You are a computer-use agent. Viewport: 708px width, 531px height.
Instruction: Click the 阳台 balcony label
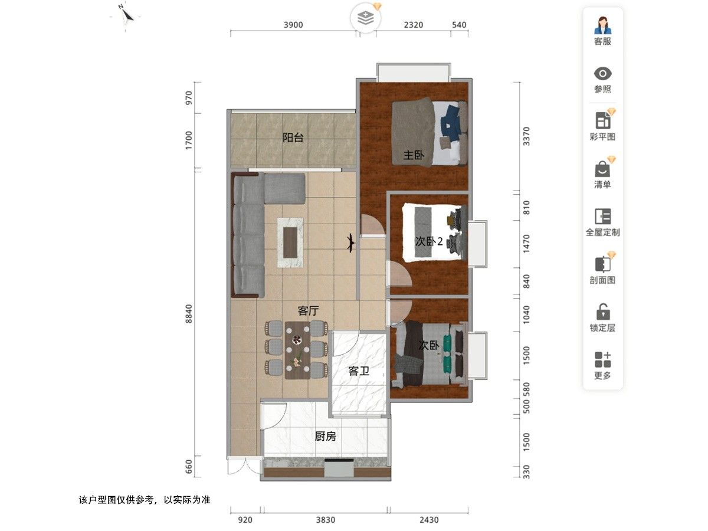(293, 138)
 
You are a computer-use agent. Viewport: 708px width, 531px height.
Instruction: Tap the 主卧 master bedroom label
(414, 155)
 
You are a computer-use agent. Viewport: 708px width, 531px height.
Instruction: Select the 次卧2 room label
(429, 241)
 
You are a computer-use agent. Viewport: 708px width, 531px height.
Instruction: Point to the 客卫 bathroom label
(359, 371)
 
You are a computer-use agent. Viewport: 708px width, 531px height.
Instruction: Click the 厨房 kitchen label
(325, 437)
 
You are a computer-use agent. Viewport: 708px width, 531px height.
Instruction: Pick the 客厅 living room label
(308, 310)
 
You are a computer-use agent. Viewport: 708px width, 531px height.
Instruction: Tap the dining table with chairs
(297, 350)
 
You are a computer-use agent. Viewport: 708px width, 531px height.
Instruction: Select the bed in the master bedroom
(429, 133)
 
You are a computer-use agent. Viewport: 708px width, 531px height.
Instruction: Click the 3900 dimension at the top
(293, 25)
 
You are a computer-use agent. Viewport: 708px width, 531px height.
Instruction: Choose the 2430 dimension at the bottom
(429, 520)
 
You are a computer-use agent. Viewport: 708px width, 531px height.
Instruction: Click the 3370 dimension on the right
(527, 136)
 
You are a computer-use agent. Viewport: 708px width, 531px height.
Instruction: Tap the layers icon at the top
(366, 18)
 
